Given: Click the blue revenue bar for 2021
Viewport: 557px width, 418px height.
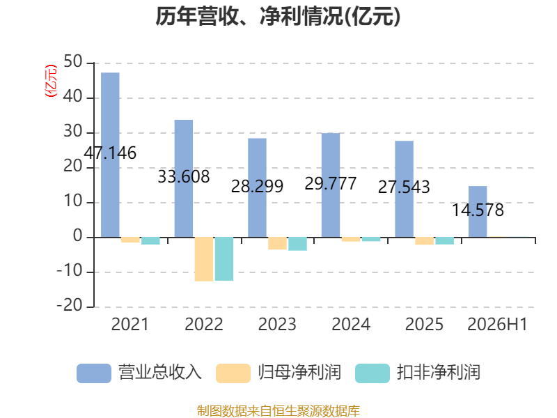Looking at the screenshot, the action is pos(110,155).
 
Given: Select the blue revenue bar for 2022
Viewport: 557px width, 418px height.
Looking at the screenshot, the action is pos(184,178).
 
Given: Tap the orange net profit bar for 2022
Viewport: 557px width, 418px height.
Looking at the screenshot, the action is pos(204,259).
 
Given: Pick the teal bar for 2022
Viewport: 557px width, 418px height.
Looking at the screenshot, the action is pos(224,258).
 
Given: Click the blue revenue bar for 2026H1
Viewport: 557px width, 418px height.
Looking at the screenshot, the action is pos(478,212).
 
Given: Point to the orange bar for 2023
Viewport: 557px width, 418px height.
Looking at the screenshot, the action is pos(277,243).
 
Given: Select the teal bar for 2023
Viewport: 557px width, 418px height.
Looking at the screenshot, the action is pos(298,244).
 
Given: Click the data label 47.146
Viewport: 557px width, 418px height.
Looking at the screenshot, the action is pos(110,153).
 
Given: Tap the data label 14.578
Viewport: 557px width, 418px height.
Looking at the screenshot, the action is pos(478,210).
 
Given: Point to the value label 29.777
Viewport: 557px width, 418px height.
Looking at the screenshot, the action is pos(330,183).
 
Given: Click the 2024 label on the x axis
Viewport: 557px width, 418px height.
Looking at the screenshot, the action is pos(351,324).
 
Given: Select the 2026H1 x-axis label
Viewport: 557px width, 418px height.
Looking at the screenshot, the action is pos(497,324).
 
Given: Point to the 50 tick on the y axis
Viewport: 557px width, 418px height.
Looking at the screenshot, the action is pos(73,62).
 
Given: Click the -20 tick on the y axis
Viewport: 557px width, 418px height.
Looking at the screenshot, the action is pos(70,306).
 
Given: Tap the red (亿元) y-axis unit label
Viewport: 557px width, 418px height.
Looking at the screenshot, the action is pos(51,81).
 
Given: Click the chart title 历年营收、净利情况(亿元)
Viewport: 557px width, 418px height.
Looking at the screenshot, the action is pos(278,16).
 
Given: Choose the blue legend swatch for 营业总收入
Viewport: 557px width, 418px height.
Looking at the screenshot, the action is pos(94,373).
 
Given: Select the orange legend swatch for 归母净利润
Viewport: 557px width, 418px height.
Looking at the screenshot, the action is pos(233,373).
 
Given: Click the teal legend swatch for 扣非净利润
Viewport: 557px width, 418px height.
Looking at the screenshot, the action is pos(372,373).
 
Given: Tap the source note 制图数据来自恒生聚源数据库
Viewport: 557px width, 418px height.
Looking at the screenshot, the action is pos(278,410).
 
